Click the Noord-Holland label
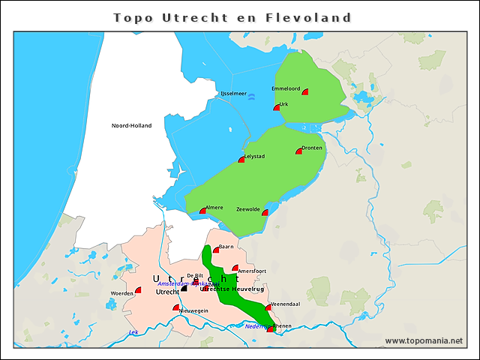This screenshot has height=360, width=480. tap(131, 125)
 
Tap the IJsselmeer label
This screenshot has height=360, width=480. tap(233, 94)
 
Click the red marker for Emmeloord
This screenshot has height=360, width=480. tap(305, 91)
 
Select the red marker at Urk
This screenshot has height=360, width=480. tap(277, 108)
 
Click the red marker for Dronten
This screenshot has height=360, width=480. tap(299, 151)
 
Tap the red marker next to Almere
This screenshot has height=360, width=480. tap(202, 211)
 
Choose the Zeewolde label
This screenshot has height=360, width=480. tap(247, 209)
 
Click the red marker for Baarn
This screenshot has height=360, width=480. tap(216, 250)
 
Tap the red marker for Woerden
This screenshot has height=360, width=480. tap(138, 290)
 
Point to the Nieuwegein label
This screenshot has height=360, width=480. tap(193, 310)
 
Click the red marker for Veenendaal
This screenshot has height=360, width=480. tap(268, 307)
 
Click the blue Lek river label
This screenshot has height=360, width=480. tap(133, 331)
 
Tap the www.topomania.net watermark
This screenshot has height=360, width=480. tap(424, 340)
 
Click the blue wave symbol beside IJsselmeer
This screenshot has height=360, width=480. tap(251, 96)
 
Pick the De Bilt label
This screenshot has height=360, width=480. tap(194, 276)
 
